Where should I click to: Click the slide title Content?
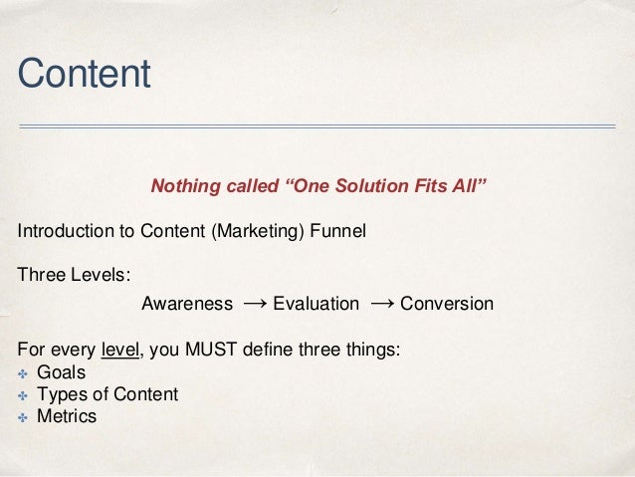pyautogui.click(x=84, y=73)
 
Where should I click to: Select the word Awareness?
pyautogui.click(x=187, y=303)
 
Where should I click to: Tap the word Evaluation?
pyautogui.click(x=316, y=303)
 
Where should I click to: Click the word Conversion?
pyautogui.click(x=446, y=303)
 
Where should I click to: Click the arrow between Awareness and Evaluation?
pyautogui.click(x=253, y=302)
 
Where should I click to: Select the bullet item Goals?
pyautogui.click(x=61, y=372)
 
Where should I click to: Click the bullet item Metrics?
pyautogui.click(x=67, y=416)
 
